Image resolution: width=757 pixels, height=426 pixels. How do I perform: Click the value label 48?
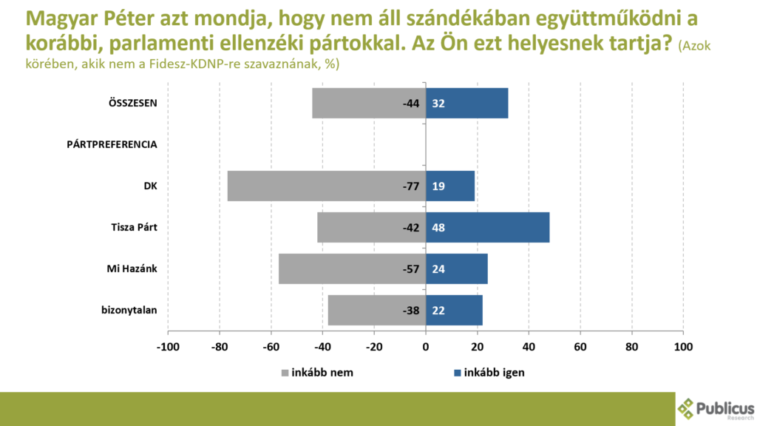(438, 227)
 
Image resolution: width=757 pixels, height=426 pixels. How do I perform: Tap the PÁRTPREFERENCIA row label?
(112, 144)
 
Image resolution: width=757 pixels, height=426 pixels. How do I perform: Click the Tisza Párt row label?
(129, 227)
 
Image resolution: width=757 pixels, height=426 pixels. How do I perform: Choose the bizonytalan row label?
(129, 310)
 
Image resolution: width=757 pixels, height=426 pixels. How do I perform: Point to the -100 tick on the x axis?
(168, 345)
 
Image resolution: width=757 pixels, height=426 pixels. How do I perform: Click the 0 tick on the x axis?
(426, 345)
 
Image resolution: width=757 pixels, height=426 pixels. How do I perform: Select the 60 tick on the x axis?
(580, 345)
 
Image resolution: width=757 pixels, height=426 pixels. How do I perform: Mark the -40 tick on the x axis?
(323, 345)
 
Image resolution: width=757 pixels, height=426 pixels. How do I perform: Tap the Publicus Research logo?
(716, 408)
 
